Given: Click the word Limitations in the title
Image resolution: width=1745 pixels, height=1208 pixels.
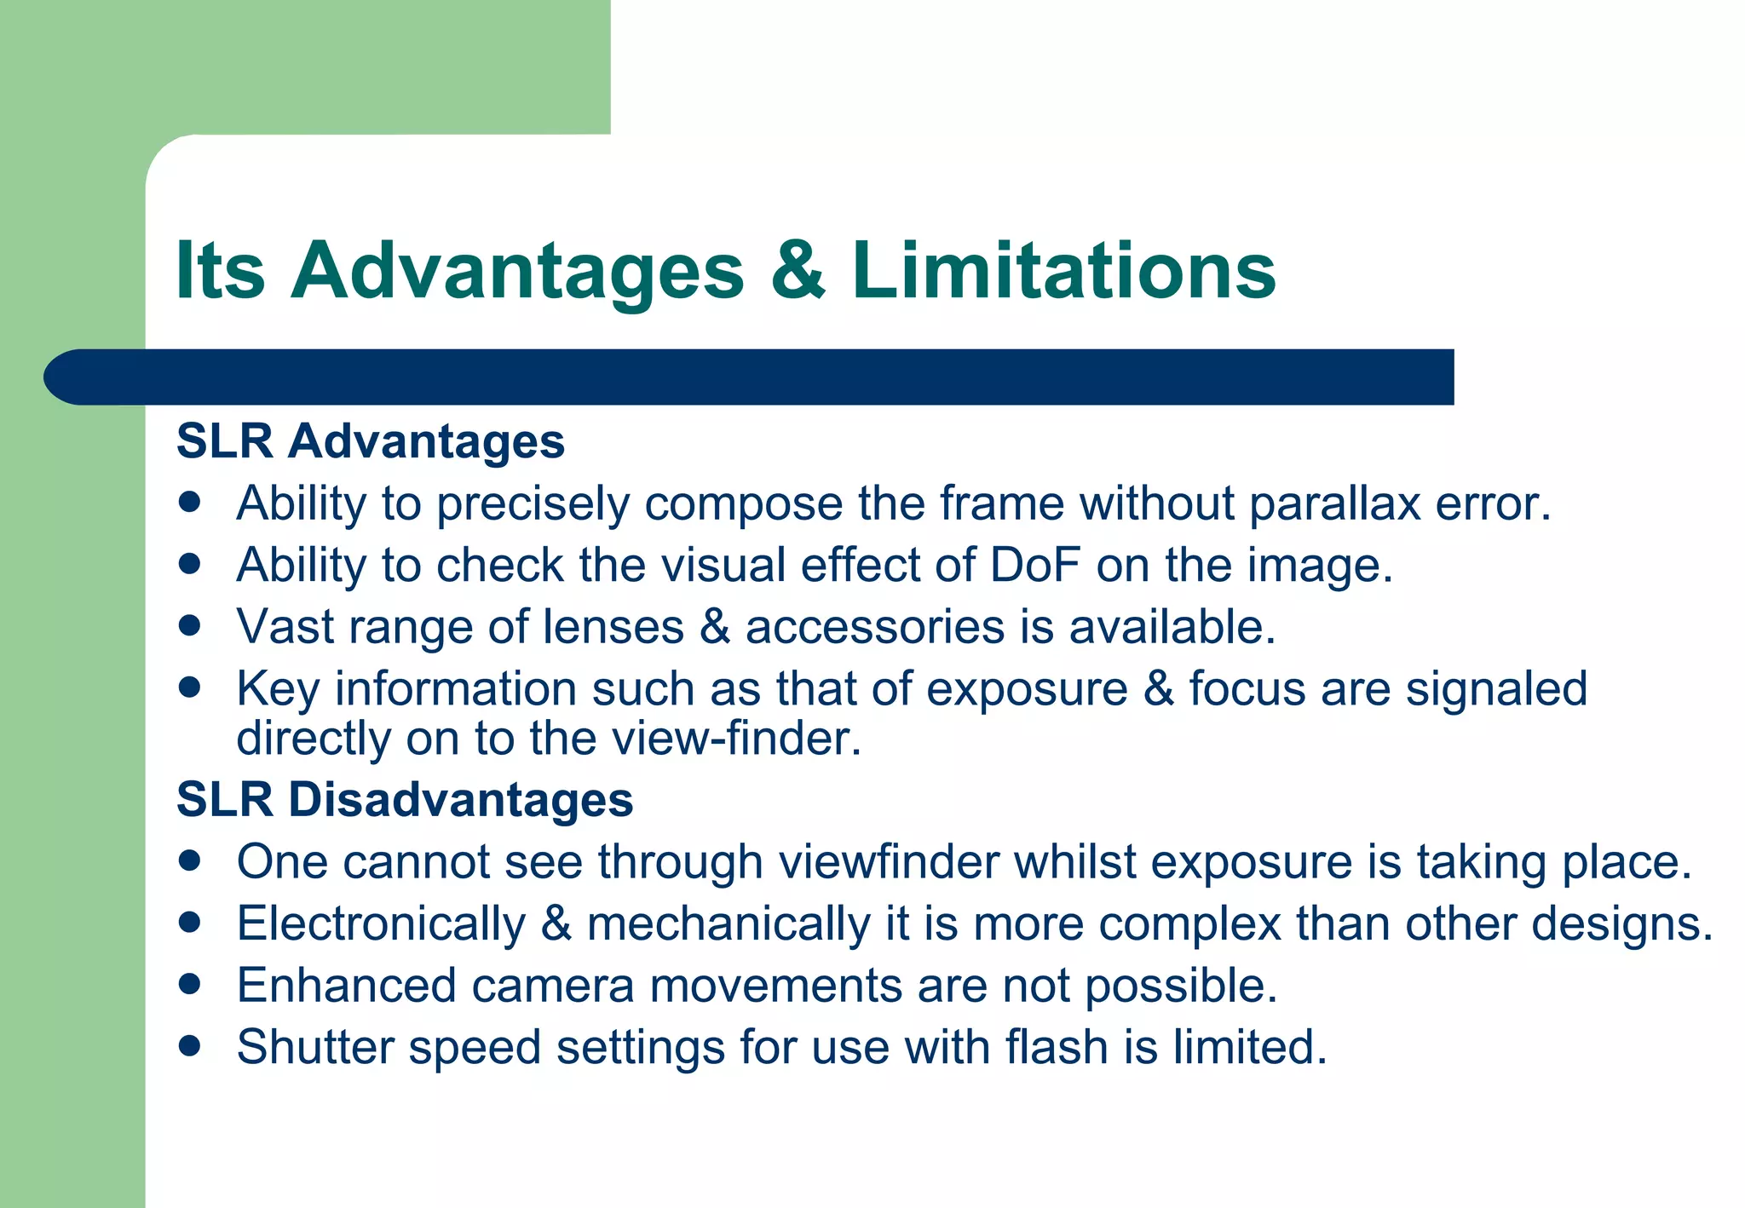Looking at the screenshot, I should click(x=1063, y=271).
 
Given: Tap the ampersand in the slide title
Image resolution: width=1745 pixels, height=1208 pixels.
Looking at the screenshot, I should click(x=798, y=271).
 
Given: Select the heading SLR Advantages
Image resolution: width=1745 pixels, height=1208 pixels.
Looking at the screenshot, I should click(x=371, y=441).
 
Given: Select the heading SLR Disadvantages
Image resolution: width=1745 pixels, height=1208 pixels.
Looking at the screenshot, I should click(x=405, y=800).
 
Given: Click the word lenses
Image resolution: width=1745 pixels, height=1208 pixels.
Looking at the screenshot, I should click(x=613, y=627).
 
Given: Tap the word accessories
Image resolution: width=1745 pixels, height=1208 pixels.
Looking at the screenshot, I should click(x=875, y=627).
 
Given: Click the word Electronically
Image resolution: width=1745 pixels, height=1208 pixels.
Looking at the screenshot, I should click(x=382, y=924).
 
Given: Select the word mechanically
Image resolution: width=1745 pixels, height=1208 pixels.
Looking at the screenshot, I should click(x=729, y=924).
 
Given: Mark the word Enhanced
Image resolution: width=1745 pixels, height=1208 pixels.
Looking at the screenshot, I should click(x=347, y=986).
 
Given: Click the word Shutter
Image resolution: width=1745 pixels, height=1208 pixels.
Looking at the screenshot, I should click(x=315, y=1047).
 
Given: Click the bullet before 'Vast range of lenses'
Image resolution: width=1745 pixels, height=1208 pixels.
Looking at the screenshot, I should click(x=190, y=626).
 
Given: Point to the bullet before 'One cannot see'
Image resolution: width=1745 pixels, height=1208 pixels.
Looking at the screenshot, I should click(x=190, y=860).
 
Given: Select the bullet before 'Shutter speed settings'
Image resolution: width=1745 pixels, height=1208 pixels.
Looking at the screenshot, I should click(x=190, y=1045).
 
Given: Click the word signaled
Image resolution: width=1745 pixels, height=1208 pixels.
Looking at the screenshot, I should click(x=1496, y=688).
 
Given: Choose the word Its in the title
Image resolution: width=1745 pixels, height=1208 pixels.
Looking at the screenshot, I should click(x=220, y=271).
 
